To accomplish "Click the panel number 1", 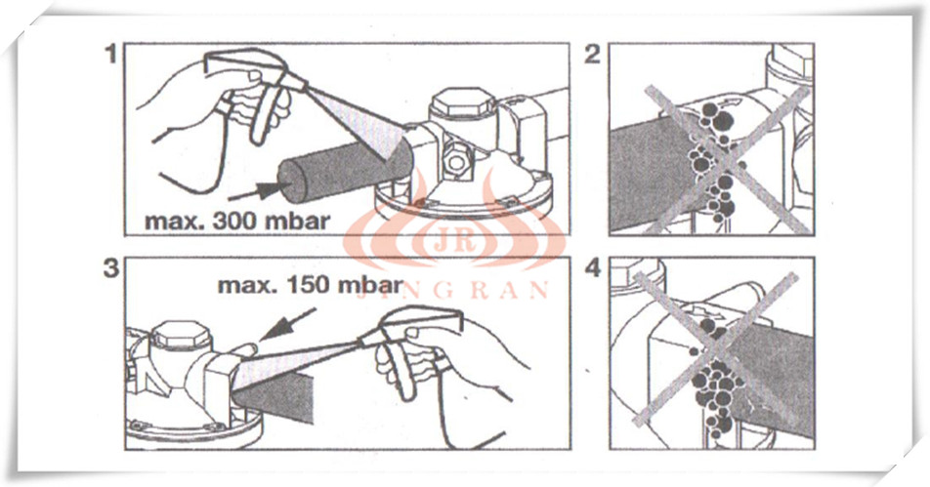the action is click(110, 55).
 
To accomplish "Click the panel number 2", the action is click(593, 55).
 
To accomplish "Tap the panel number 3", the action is click(111, 268).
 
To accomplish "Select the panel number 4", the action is click(593, 268).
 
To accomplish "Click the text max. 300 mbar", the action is click(237, 222).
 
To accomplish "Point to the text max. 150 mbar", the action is click(311, 285).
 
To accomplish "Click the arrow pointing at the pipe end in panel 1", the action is click(256, 190).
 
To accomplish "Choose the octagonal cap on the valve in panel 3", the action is click(181, 336).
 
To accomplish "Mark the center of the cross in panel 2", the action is click(728, 159).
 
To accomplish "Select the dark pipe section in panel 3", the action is click(274, 398).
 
